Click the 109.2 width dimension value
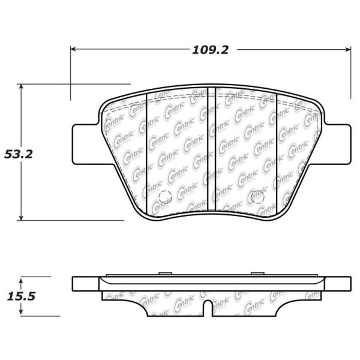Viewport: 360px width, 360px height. point(211,50)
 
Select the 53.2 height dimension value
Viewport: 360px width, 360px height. point(19,154)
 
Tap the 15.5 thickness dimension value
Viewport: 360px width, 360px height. point(21,296)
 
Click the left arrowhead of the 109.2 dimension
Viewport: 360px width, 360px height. point(73,49)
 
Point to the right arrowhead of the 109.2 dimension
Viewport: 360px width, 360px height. point(348,49)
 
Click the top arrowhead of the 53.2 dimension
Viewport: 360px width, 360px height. point(21,87)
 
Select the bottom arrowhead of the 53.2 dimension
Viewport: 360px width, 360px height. point(21,217)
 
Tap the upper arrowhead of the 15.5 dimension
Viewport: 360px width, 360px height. point(21,282)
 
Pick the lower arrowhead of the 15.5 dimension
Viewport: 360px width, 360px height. point(21,311)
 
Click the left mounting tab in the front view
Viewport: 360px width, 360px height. point(85,144)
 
